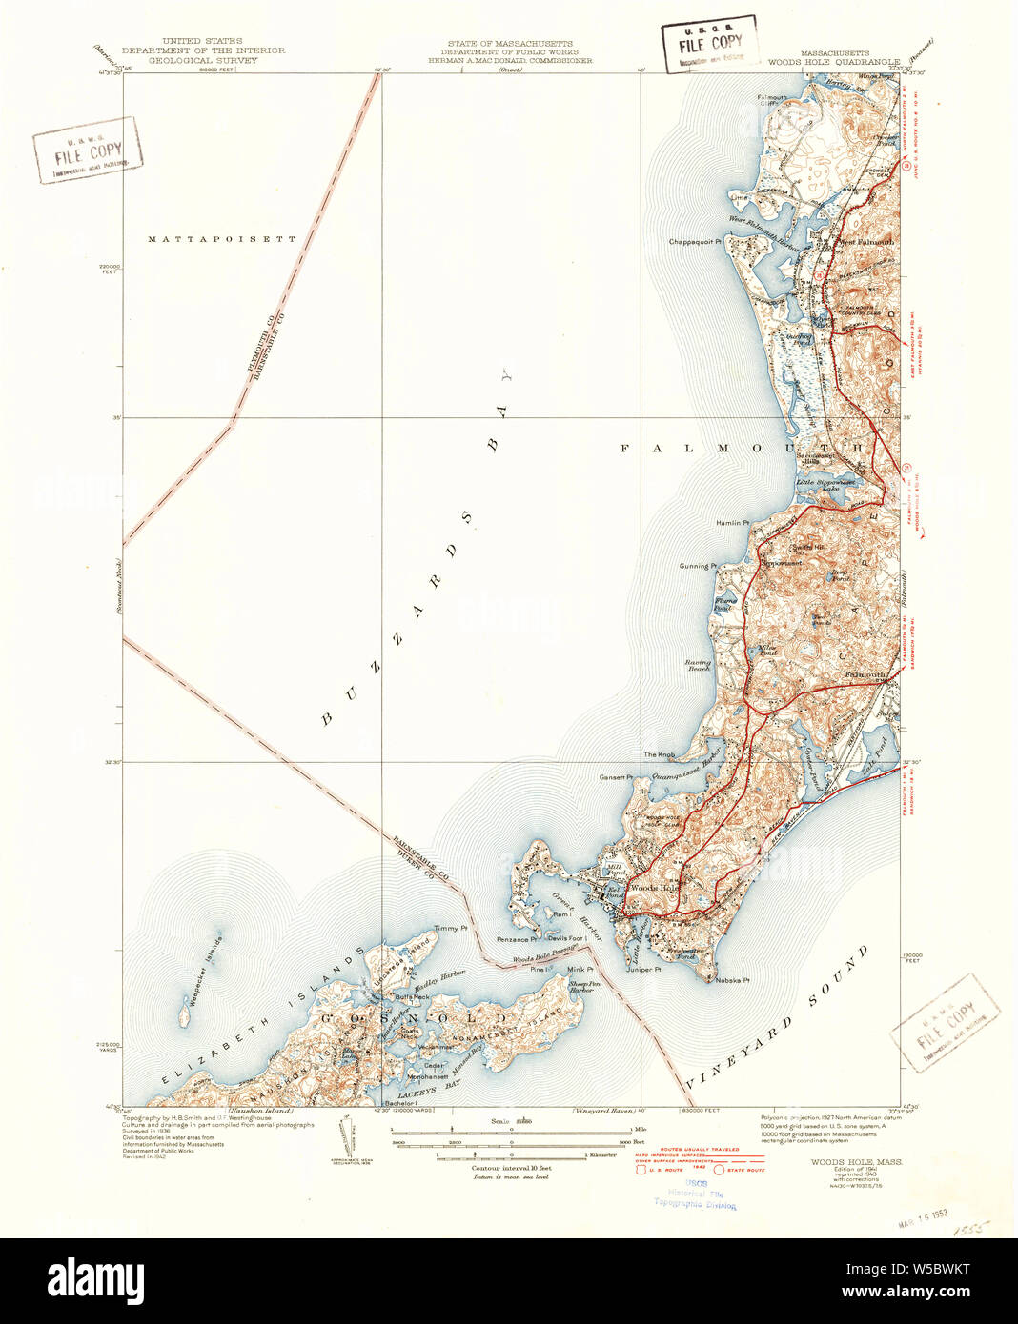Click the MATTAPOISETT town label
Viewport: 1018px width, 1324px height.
(x=222, y=239)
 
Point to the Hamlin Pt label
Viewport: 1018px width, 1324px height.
(x=734, y=523)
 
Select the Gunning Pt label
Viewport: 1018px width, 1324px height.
(x=698, y=566)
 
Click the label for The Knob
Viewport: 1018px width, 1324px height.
(x=659, y=754)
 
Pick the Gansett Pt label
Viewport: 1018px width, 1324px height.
(x=616, y=777)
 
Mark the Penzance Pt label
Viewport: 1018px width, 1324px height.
(x=519, y=940)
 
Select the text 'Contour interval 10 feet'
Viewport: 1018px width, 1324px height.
(x=511, y=1167)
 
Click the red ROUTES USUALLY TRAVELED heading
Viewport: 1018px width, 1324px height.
(x=694, y=1151)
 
